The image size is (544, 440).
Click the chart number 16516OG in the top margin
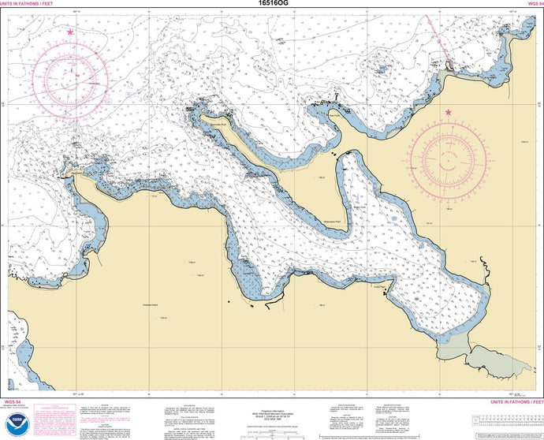[x=273, y=4]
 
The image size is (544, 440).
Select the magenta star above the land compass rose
[x=449, y=113]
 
